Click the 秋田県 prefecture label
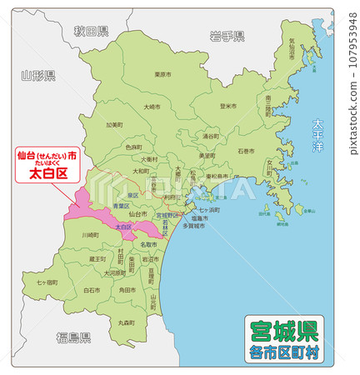pyautogui.click(x=91, y=32)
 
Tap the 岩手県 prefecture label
pyautogui.click(x=227, y=36)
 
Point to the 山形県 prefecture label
pyautogui.click(x=38, y=76)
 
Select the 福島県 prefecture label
pyautogui.click(x=73, y=336)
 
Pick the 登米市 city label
pyautogui.click(x=228, y=106)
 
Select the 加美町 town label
pyautogui.click(x=114, y=125)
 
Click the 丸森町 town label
pyautogui.click(x=127, y=321)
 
